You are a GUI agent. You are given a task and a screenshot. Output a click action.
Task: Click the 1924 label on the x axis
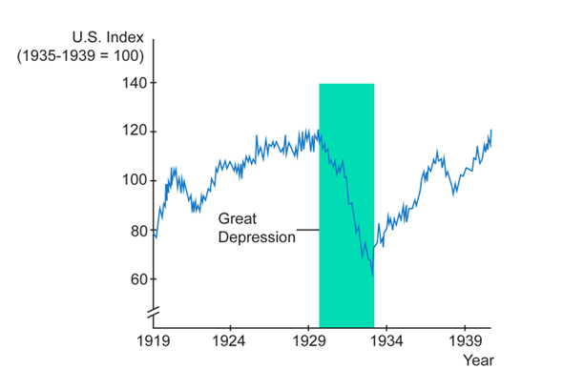(x=229, y=340)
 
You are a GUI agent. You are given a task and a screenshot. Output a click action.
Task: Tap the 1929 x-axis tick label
(x=307, y=340)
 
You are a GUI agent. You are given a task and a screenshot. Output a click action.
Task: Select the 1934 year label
(x=386, y=340)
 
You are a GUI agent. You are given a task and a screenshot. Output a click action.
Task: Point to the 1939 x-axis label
(x=465, y=340)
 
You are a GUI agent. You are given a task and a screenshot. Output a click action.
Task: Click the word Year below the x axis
(x=479, y=361)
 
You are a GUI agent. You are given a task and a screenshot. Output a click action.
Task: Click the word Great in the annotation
(x=237, y=218)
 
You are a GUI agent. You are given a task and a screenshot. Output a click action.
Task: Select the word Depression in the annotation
(x=257, y=236)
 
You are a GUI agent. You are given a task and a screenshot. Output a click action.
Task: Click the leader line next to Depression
(x=307, y=230)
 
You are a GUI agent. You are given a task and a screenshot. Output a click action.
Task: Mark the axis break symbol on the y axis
(x=153, y=312)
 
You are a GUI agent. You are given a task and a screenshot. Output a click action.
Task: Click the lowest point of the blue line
(x=373, y=275)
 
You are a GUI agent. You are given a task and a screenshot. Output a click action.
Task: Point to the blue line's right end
(x=491, y=130)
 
